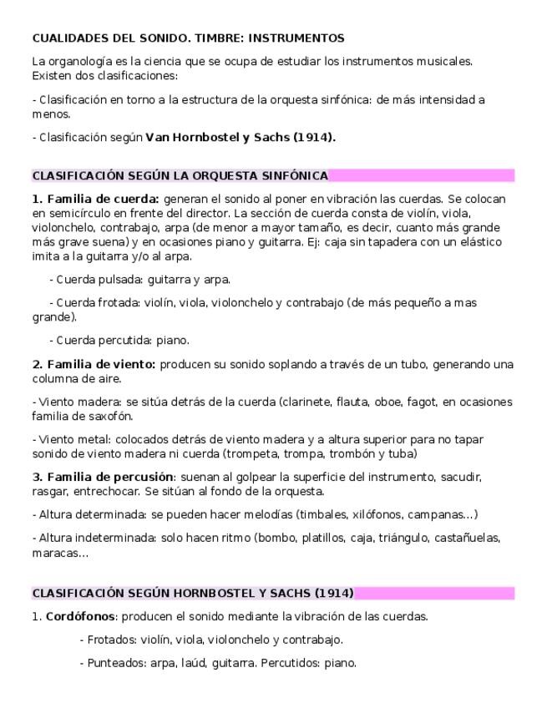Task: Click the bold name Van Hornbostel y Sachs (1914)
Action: point(241,138)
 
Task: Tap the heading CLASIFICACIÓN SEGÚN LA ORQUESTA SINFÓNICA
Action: point(180,176)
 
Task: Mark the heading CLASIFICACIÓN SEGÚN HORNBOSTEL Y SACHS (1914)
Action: point(192,594)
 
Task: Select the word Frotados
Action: point(112,640)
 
